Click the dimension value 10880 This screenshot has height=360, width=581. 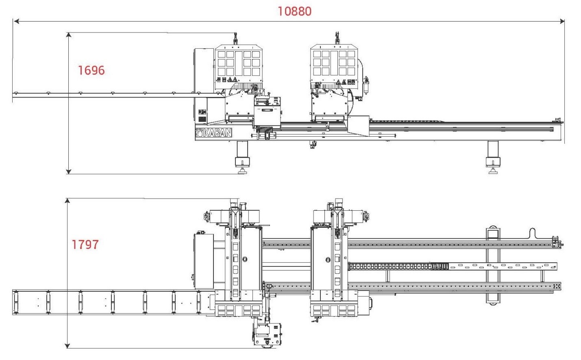294,11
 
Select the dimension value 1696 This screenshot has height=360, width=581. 91,70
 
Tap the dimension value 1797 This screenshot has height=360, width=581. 85,244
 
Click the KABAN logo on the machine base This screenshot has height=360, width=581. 213,133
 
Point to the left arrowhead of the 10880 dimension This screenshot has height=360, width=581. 16,21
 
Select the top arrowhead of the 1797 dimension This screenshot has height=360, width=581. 67,201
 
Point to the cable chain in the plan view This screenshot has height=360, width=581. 398,266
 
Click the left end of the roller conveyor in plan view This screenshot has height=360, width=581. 15,302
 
